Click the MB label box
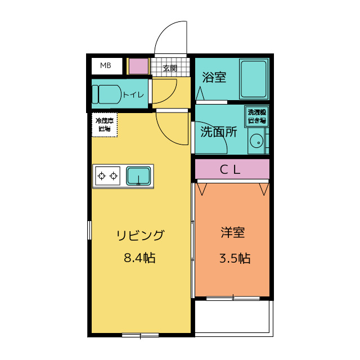click(106, 66)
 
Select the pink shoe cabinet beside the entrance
click(138, 66)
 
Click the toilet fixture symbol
click(107, 94)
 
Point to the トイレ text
click(133, 94)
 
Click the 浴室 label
click(214, 77)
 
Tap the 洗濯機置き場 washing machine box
click(257, 116)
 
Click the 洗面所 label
click(219, 133)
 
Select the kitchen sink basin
click(138, 176)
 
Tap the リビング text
click(140, 236)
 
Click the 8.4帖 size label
click(139, 258)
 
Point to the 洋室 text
click(232, 232)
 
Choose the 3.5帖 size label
click(234, 258)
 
